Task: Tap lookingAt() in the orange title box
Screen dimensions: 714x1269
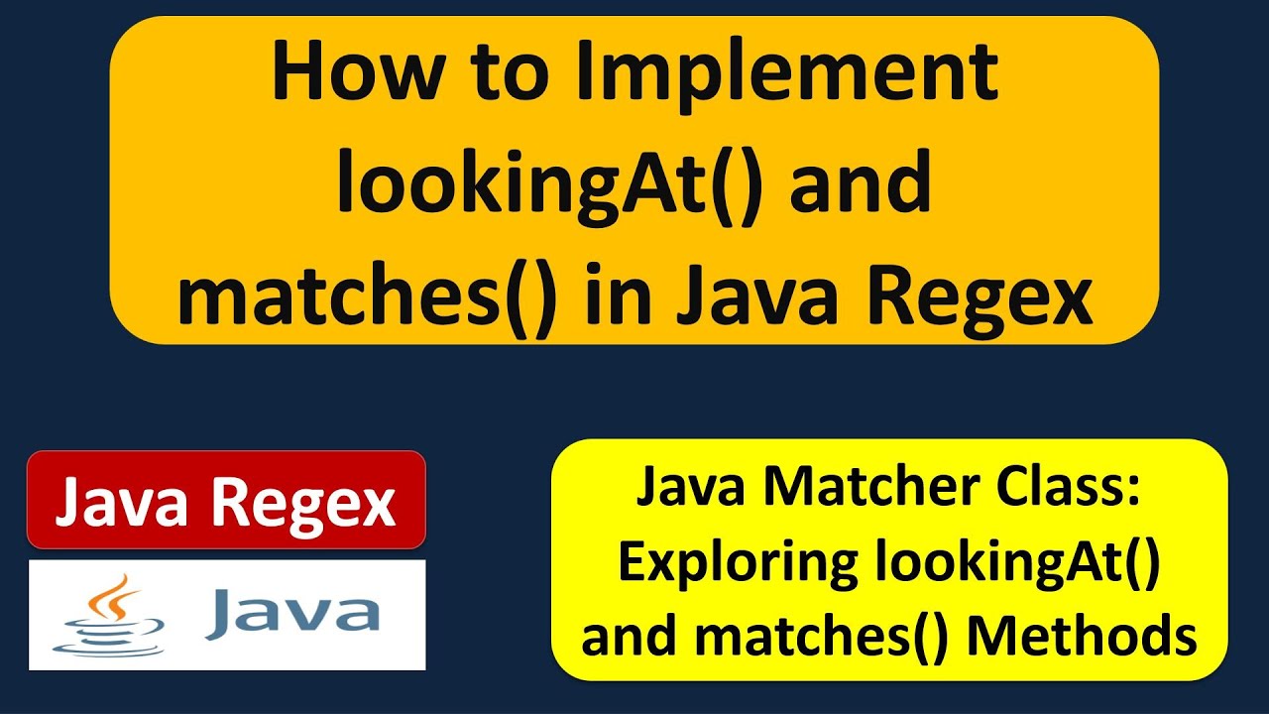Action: pyautogui.click(x=549, y=186)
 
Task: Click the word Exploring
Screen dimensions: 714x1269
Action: pyautogui.click(x=738, y=564)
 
